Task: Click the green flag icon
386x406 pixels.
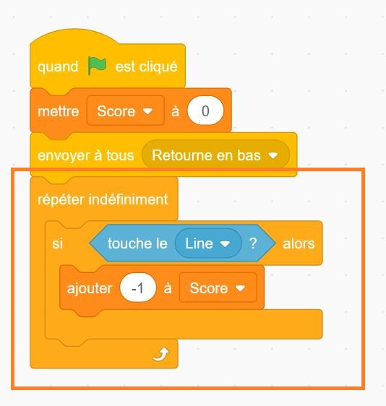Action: pos(97,66)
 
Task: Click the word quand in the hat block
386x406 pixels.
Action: pos(58,66)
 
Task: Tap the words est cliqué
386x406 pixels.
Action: pos(146,66)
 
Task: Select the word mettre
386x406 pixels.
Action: pos(59,111)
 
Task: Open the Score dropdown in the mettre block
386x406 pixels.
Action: pos(125,111)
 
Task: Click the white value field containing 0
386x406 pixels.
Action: pos(205,111)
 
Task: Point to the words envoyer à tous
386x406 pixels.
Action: pos(86,155)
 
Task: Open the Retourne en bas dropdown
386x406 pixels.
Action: pos(215,155)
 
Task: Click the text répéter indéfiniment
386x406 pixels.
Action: pos(103,199)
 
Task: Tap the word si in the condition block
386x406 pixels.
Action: pos(57,243)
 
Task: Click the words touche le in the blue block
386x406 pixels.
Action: pos(137,243)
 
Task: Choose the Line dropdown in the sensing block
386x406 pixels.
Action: pos(208,243)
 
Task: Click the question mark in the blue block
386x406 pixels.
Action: pos(253,243)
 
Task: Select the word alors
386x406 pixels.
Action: pos(299,243)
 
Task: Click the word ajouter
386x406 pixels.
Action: pos(90,288)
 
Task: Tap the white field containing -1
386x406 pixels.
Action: pos(138,288)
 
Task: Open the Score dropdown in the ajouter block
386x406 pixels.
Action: pos(218,288)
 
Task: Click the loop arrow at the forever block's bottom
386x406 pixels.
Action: pos(161,354)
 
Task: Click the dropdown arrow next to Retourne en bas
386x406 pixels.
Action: pos(273,155)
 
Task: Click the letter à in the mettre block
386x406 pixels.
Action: pos(176,111)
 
